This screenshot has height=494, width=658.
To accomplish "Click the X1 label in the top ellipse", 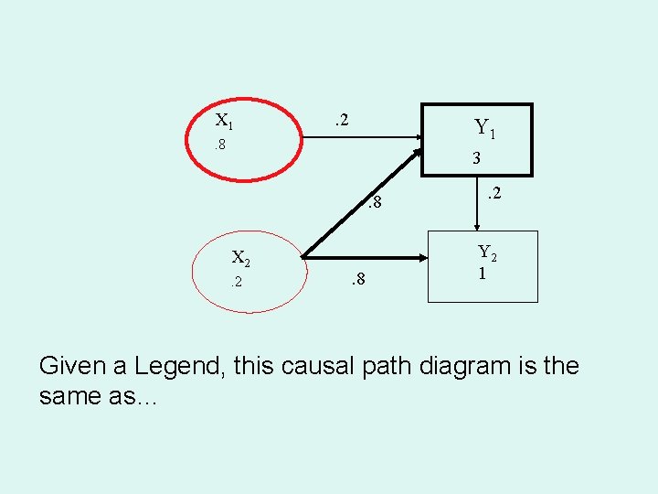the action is pos(224,121).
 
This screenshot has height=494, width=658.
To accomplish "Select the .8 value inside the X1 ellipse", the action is pos(219,145).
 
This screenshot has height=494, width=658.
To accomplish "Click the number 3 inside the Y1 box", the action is pos(476,158).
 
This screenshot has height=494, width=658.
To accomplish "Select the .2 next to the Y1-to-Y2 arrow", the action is pos(493,193).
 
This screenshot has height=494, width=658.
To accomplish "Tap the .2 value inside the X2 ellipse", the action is pos(236,282).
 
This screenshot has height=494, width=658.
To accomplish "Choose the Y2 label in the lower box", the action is pos(487,253).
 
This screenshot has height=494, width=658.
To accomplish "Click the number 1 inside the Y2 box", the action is pos(480,274).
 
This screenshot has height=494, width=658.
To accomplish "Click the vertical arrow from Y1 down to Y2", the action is pos(477,201).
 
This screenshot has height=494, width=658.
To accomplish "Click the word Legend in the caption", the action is pos(178,366).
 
